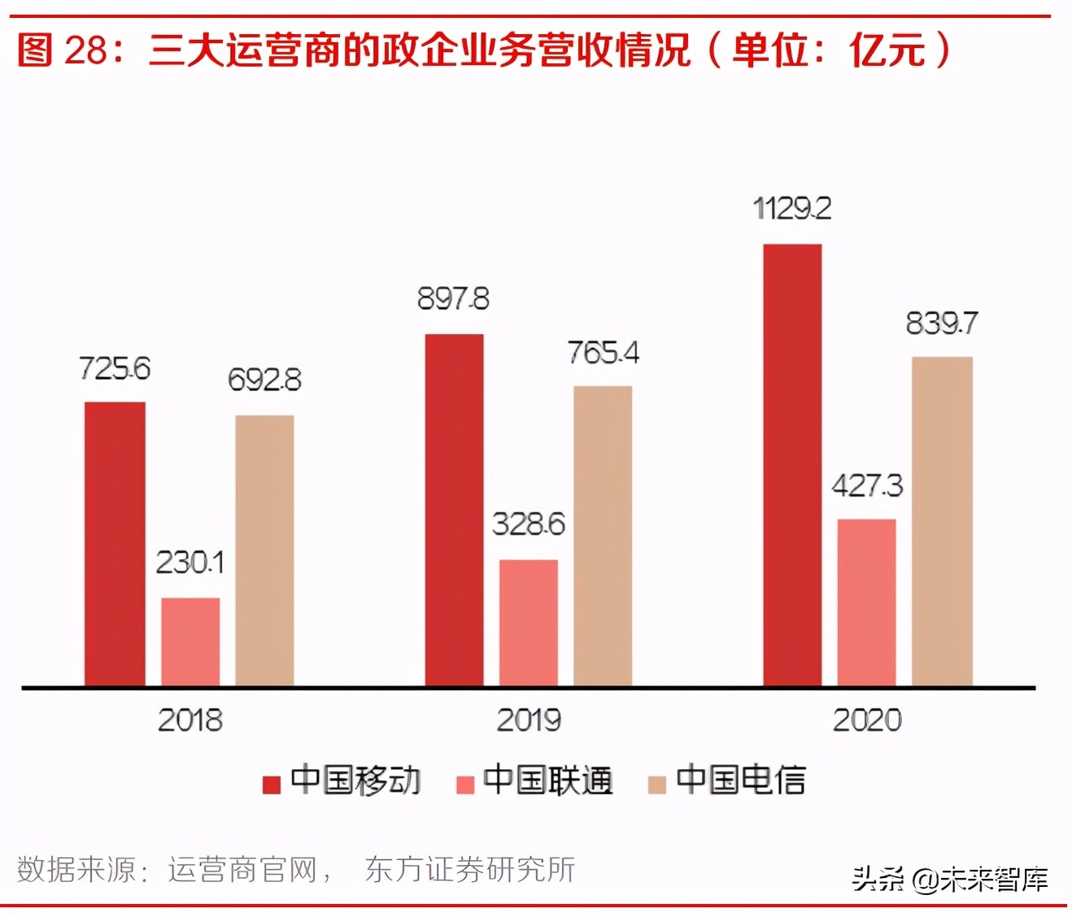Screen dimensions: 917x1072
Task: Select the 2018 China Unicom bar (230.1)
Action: point(190,641)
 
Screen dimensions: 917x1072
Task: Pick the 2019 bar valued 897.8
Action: point(454,510)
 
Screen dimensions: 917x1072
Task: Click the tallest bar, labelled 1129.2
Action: point(792,465)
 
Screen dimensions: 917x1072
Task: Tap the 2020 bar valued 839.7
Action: point(942,521)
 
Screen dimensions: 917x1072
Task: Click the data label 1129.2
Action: point(792,209)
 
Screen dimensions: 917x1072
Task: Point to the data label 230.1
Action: point(190,563)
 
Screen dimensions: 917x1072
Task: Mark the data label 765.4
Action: point(603,353)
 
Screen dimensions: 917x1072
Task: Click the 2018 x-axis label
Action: point(190,720)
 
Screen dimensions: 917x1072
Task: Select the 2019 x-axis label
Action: point(529,720)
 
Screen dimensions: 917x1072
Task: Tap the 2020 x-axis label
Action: point(867,720)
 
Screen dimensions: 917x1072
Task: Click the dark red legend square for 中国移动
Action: point(272,784)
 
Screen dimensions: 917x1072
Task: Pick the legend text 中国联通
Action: point(547,780)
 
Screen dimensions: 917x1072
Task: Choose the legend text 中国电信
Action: point(740,780)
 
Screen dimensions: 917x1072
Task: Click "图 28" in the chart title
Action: point(62,50)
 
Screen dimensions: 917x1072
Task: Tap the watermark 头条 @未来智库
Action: point(950,879)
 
